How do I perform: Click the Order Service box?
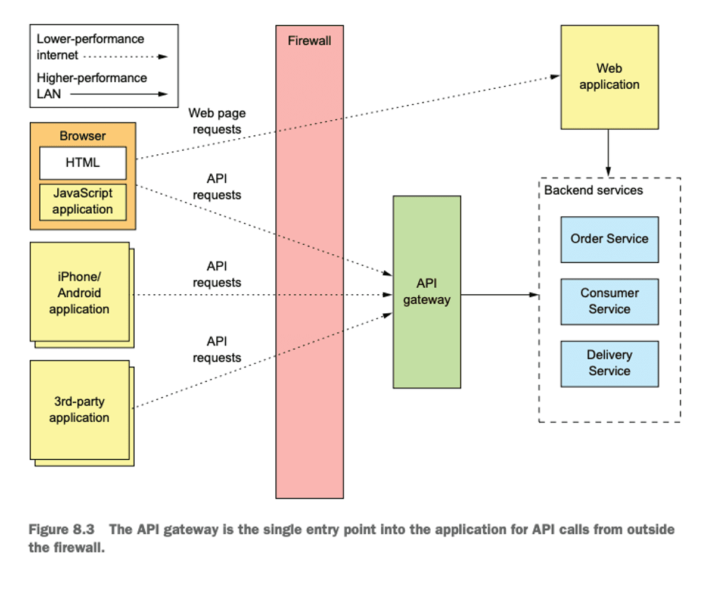609,239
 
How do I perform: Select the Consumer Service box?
609,301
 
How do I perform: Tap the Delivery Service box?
609,363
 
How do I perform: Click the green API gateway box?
427,292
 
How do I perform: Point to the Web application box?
609,77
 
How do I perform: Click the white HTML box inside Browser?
83,163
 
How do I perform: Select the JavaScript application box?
83,201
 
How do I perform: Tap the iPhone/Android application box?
79,292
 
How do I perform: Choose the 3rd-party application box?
79,409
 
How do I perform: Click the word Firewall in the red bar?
309,41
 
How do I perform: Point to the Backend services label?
593,191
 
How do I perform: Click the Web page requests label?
217,121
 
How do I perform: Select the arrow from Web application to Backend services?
608,152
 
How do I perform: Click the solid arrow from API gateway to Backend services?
499,294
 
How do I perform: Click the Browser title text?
82,136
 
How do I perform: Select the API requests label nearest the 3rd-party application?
217,350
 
